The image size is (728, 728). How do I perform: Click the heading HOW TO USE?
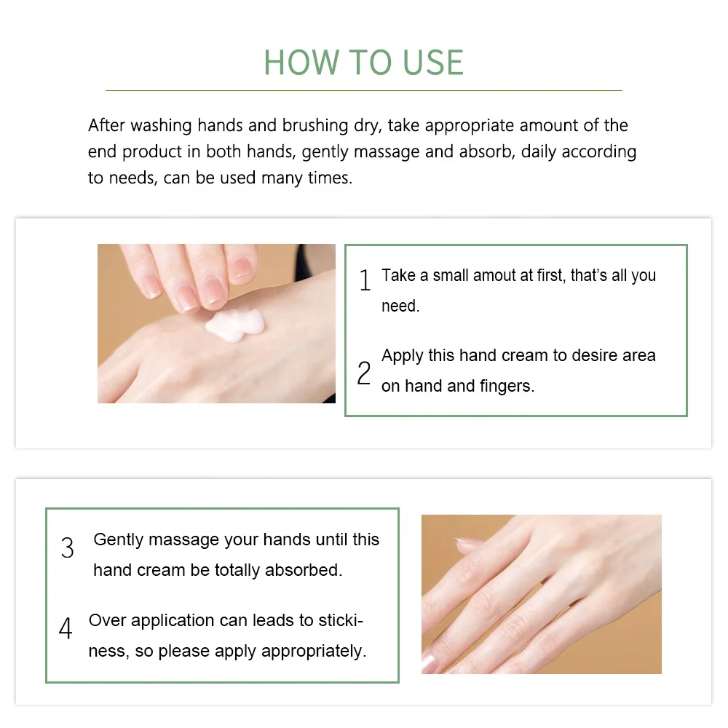click(363, 63)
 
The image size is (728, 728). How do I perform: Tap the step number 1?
click(365, 280)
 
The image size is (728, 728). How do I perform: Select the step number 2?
click(364, 373)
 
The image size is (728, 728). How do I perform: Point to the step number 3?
click(68, 548)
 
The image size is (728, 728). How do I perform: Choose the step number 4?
click(66, 628)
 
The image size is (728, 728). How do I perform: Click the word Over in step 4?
click(107, 620)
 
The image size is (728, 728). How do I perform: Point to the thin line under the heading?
click(363, 90)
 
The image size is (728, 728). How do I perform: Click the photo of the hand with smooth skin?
click(541, 594)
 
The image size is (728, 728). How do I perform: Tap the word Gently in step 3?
click(119, 540)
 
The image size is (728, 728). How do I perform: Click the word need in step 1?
click(400, 306)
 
